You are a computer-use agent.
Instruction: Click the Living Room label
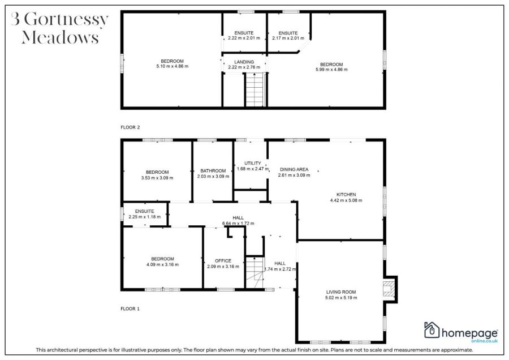[340, 292]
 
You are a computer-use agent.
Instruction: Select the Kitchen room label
[346, 194]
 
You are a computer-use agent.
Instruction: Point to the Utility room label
[252, 163]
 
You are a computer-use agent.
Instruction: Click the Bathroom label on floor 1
[213, 171]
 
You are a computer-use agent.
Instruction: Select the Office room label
[223, 261]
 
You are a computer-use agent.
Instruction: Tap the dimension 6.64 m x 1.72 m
[238, 223]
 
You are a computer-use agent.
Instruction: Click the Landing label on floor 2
[244, 62]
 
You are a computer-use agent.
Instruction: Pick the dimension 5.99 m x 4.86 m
[331, 70]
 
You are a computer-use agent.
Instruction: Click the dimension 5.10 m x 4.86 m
[172, 66]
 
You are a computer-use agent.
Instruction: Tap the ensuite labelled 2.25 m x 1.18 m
[145, 216]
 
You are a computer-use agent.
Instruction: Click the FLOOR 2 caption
[130, 127]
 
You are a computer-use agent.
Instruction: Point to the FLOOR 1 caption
[130, 309]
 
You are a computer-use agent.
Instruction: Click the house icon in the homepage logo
[432, 330]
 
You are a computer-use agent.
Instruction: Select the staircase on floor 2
[255, 89]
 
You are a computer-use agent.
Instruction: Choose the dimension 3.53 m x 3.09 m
[157, 178]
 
